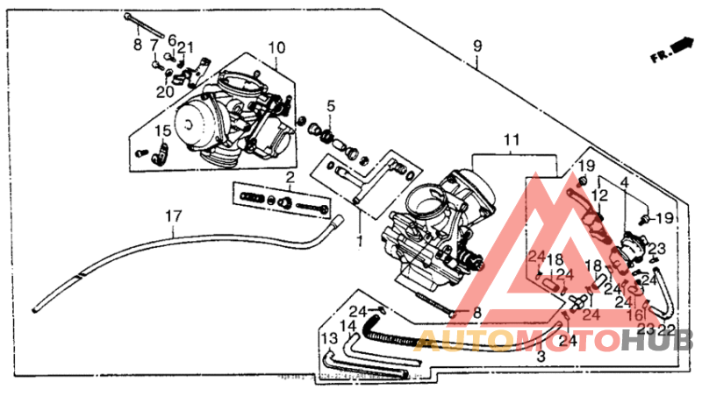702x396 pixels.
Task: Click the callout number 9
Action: pyautogui.click(x=478, y=46)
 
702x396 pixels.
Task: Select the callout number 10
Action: pyautogui.click(x=276, y=46)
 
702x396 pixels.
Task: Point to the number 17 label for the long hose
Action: pyautogui.click(x=174, y=216)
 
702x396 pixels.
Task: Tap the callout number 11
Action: pyautogui.click(x=512, y=140)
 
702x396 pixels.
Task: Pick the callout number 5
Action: pyautogui.click(x=331, y=107)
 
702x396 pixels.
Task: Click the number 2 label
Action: pyautogui.click(x=289, y=178)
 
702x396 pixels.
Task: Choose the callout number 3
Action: pyautogui.click(x=541, y=357)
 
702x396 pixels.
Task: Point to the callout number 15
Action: pyautogui.click(x=161, y=131)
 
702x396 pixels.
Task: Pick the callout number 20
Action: pyautogui.click(x=165, y=91)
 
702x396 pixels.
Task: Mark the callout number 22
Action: pyautogui.click(x=667, y=329)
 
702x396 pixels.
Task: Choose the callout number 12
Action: pyautogui.click(x=599, y=194)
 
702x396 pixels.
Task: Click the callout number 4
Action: pyautogui.click(x=624, y=181)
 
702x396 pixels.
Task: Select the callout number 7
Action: pyautogui.click(x=154, y=45)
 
